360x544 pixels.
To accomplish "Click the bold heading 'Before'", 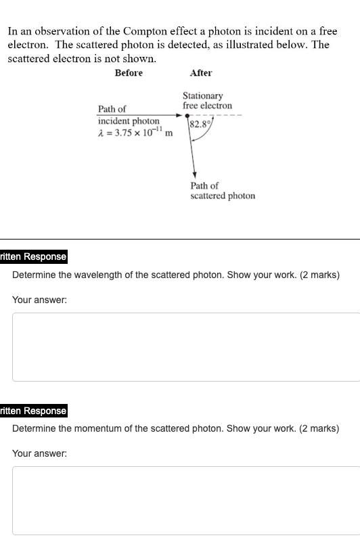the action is [x=129, y=73].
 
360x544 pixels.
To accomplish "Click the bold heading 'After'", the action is [x=201, y=73].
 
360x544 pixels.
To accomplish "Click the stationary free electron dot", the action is [x=187, y=115].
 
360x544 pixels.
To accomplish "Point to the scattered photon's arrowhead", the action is [x=194, y=174].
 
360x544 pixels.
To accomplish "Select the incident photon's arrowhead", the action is [x=179, y=115].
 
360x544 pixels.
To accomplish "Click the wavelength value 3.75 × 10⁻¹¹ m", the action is [x=135, y=132].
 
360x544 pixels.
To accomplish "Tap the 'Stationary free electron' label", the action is [x=207, y=101].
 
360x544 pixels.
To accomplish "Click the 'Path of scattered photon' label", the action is [x=223, y=191].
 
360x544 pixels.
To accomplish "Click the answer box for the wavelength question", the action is [x=186, y=347].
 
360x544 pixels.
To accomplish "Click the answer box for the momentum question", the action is [x=186, y=501].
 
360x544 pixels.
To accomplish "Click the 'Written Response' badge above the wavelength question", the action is [x=34, y=256].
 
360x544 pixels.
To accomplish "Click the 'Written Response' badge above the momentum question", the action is [x=34, y=411].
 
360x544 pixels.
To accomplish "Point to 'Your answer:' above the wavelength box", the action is [x=39, y=300].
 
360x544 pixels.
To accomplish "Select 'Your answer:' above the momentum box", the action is [x=39, y=453].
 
